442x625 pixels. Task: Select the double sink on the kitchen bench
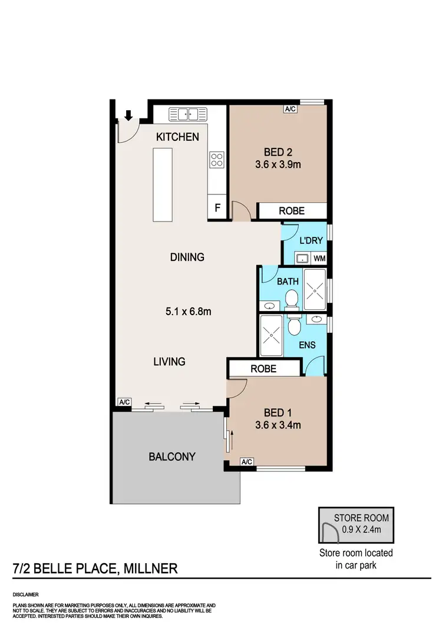coord(187,114)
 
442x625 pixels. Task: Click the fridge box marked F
coord(217,208)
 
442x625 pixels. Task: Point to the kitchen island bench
coord(163,184)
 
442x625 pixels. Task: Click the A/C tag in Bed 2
coord(290,109)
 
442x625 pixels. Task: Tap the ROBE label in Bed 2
coord(292,211)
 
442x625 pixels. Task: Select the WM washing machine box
coord(319,258)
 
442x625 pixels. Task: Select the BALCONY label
coord(172,457)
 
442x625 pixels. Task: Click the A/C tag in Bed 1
coord(246,462)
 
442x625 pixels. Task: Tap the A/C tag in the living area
coord(124,402)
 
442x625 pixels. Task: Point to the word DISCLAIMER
coord(26,595)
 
